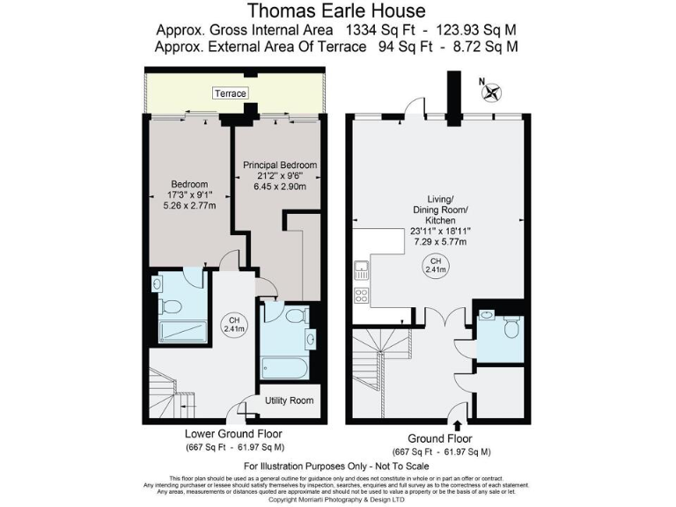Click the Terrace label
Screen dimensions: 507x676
point(230,93)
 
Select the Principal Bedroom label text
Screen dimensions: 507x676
point(280,165)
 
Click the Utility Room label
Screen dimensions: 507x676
point(290,400)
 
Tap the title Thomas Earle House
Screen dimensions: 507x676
point(337,11)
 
